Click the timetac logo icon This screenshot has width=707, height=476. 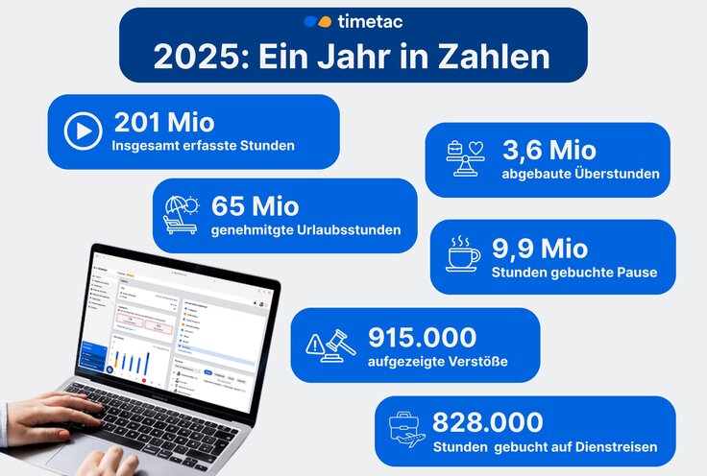coord(317,21)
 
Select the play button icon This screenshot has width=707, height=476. coord(83,131)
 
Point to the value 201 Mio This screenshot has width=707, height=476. coord(164,123)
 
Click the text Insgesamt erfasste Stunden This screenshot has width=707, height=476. coord(203,146)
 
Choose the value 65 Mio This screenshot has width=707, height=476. coord(255,206)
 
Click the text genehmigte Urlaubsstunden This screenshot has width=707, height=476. coord(305,229)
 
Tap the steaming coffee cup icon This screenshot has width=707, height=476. coord(463,254)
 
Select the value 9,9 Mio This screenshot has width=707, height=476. coord(539,249)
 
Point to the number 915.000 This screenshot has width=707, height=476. coord(422,337)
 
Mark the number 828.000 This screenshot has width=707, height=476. coord(487,422)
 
